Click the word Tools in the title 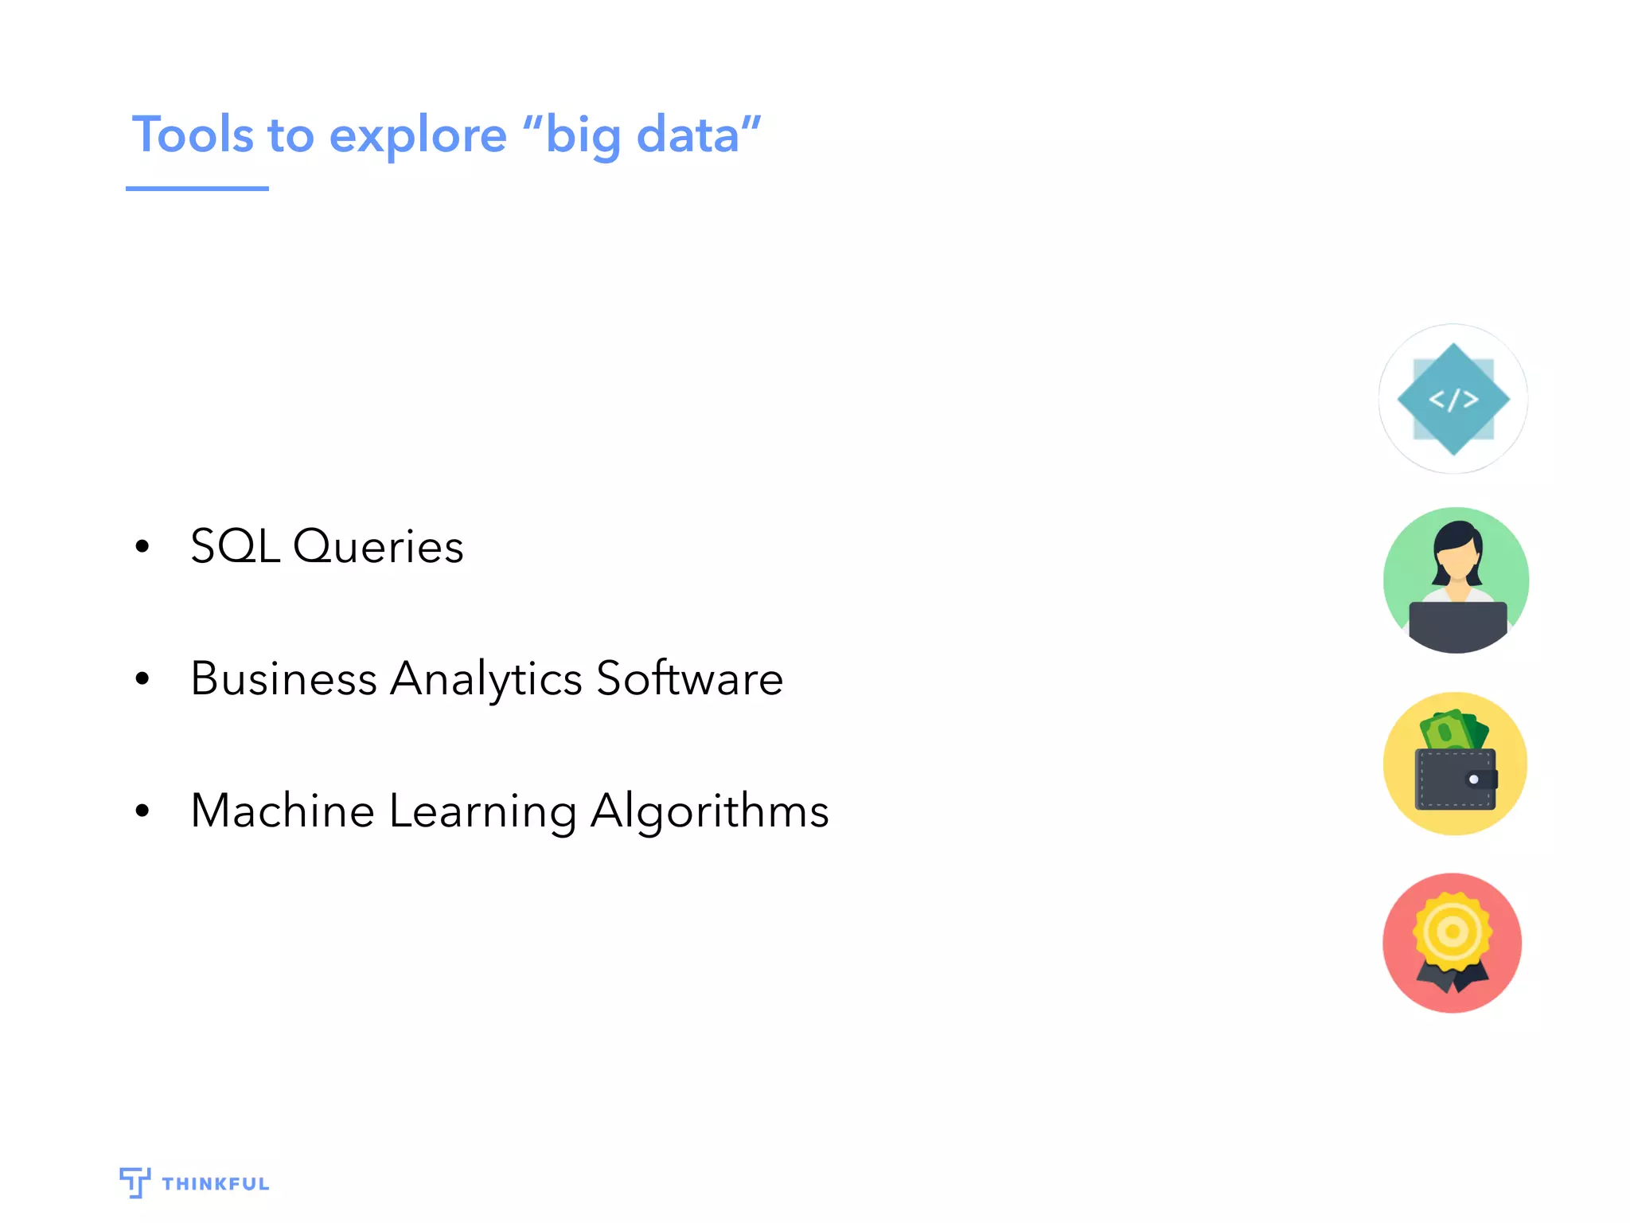[193, 135]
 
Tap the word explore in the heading [417, 136]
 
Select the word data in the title [688, 135]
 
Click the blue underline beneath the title [197, 189]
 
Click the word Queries [378, 546]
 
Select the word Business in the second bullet [283, 678]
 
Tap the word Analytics [485, 680]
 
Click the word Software [689, 678]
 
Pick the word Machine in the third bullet [283, 811]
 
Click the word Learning [482, 812]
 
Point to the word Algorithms [709, 812]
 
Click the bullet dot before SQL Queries [142, 546]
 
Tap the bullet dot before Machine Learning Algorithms [142, 811]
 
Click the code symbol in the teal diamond [1453, 399]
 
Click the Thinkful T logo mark [135, 1182]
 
